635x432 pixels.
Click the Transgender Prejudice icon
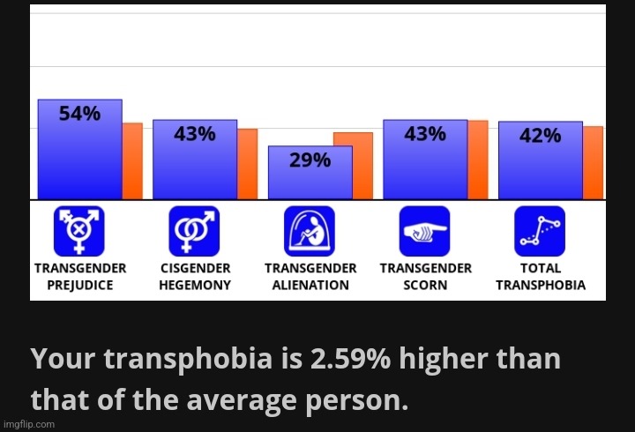tap(79, 231)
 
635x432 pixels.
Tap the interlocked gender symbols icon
tap(194, 231)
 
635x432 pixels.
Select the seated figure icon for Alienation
tap(310, 231)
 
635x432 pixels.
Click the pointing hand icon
tap(424, 231)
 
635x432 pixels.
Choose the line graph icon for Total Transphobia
tap(540, 231)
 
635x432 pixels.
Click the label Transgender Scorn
tap(425, 276)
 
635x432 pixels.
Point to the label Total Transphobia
tap(540, 276)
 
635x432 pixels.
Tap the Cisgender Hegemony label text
tap(195, 276)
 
